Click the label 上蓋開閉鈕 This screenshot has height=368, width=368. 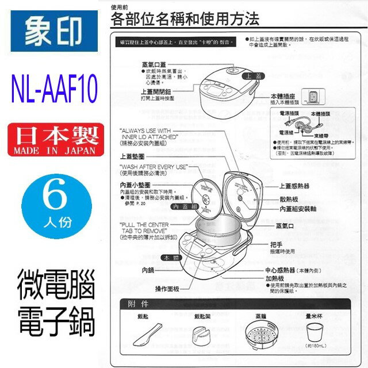156,91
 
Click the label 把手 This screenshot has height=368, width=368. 282,243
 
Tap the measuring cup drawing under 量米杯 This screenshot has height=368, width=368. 317,333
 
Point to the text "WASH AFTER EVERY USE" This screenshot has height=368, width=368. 154,165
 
